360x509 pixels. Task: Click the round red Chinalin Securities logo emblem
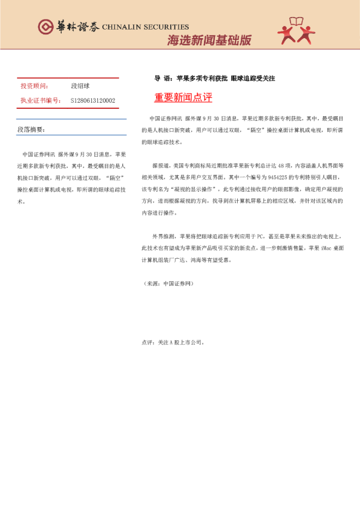[45, 27]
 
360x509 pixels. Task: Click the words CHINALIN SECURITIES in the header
[145, 27]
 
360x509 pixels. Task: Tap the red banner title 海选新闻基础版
[209, 41]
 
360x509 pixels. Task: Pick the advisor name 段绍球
[80, 86]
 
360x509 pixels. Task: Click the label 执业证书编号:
[41, 101]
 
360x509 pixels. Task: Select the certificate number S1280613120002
[93, 101]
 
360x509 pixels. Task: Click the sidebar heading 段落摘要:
[31, 130]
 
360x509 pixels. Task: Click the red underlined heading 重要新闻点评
[183, 98]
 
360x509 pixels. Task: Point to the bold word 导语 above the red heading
[162, 79]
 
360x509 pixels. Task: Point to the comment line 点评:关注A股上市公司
[174, 342]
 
